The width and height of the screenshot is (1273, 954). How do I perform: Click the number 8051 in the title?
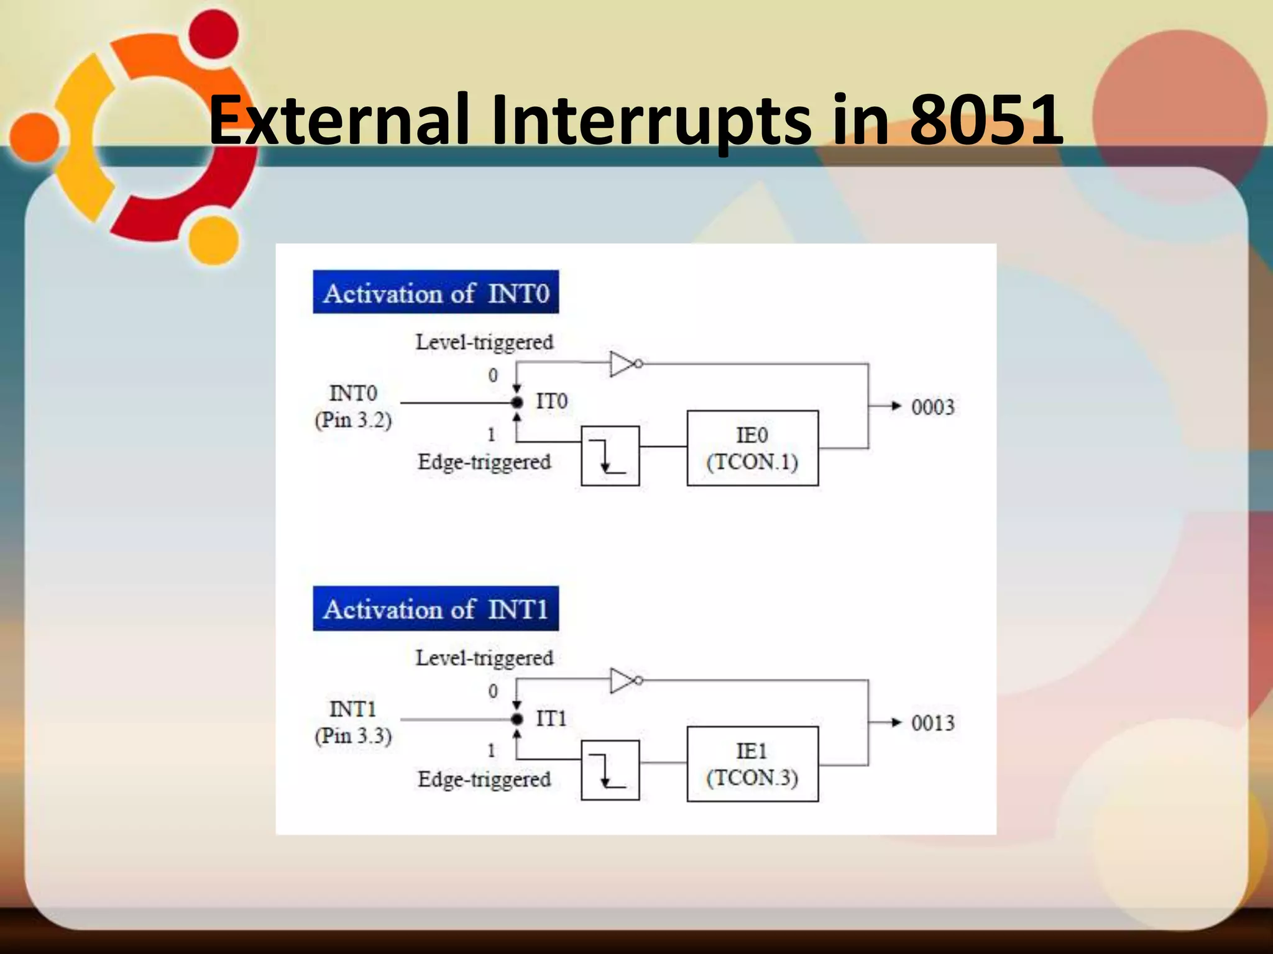986,119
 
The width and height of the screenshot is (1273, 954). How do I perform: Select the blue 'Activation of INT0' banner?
435,293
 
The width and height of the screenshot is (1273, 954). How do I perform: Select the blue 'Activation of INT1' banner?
435,609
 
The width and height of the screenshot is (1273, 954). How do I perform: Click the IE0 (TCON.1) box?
752,448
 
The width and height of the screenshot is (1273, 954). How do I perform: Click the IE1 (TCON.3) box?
752,764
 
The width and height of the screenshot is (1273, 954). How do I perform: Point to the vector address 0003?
932,407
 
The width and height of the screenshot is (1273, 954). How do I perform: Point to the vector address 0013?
932,723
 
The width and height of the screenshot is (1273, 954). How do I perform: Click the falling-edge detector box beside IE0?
610,455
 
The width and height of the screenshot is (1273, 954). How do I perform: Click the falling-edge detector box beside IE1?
610,770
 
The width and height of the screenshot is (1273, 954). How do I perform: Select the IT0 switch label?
551,401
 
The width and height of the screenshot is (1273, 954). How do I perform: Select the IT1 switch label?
551,719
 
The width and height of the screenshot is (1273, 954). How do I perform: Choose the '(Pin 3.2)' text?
353,420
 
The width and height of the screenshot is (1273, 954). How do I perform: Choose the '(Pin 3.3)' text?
353,737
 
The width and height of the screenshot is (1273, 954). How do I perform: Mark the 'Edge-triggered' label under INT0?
484,462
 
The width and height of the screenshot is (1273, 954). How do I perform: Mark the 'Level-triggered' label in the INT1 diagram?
484,658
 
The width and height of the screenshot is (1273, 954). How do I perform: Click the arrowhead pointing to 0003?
895,406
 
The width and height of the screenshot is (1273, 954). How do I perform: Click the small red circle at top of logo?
213,34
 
